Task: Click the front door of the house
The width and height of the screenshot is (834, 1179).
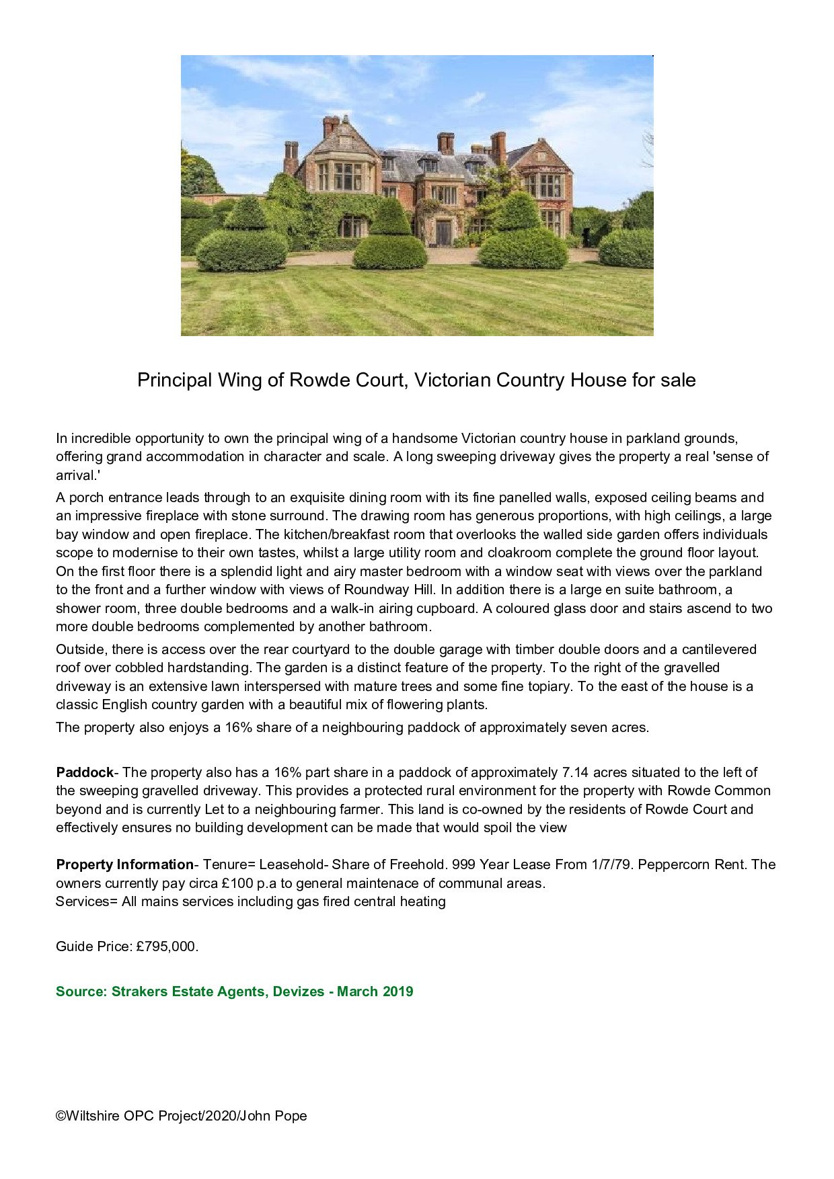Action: tap(443, 233)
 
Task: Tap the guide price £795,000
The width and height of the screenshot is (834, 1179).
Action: tap(167, 946)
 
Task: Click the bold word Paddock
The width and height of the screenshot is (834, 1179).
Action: tap(85, 772)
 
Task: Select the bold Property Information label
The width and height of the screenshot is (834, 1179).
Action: tap(124, 864)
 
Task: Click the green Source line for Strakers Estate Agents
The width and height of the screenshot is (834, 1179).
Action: tap(234, 991)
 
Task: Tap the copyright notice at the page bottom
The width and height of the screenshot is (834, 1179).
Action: tap(181, 1116)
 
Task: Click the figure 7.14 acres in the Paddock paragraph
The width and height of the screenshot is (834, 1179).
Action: tap(584, 772)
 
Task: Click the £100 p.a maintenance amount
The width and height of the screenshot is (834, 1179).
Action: tap(248, 883)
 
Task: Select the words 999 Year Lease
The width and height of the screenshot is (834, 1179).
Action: tap(500, 864)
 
